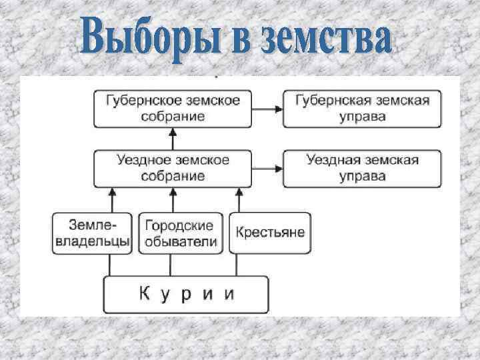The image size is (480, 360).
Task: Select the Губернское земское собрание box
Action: [173, 108]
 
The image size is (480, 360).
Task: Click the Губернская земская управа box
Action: [362, 108]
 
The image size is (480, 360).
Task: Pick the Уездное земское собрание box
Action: [173, 168]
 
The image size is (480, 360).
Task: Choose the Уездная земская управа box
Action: [362, 168]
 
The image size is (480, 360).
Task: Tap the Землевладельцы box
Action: [91, 233]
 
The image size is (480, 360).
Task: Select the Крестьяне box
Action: [269, 233]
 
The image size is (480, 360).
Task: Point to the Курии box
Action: [186, 294]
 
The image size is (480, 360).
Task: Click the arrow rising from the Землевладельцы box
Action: [111, 199]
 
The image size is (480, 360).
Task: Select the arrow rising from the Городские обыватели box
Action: [172, 199]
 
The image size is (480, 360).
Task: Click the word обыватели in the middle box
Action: [180, 241]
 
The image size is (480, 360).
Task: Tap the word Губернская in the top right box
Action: [331, 100]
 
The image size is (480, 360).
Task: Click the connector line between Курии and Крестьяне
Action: [237, 265]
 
